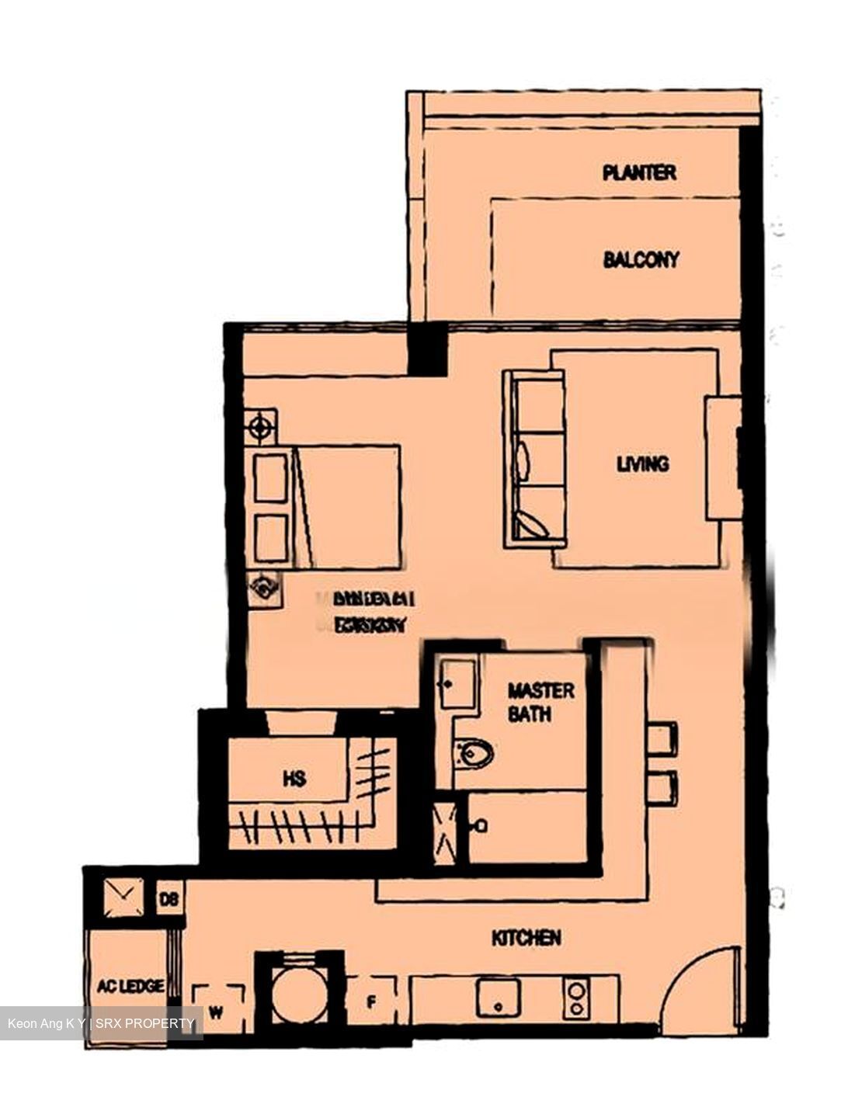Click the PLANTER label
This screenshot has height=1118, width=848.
[x=639, y=172]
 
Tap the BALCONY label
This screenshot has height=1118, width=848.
[x=641, y=259]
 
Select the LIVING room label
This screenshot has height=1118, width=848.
[x=642, y=464]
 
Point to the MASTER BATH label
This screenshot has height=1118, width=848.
[x=540, y=702]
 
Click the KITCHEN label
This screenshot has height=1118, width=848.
[x=526, y=938]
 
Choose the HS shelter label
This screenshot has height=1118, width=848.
[x=294, y=779]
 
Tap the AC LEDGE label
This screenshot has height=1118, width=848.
[x=130, y=986]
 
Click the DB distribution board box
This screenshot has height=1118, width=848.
[x=169, y=899]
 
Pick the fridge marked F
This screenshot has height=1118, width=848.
[x=371, y=1002]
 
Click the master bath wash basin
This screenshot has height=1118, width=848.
[x=457, y=683]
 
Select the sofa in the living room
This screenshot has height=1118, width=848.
[x=534, y=458]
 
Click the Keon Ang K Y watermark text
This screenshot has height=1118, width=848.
[x=46, y=1023]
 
